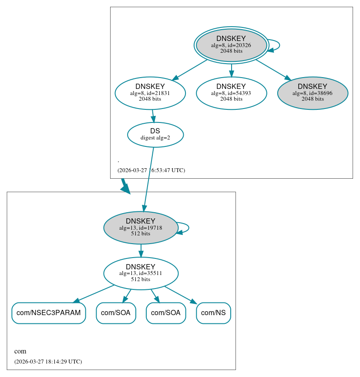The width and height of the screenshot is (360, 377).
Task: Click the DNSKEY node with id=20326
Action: tap(231, 45)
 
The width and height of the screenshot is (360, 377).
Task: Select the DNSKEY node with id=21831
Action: tap(150, 93)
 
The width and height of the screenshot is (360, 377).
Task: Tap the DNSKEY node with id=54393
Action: tap(231, 93)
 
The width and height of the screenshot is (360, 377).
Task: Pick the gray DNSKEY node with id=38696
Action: tap(313, 93)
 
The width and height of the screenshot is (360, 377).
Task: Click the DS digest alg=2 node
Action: tap(155, 135)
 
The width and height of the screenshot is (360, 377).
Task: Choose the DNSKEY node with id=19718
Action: tap(141, 228)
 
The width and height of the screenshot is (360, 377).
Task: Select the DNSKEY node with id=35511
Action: tap(141, 273)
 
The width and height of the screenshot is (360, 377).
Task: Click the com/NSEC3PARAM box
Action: tap(48, 313)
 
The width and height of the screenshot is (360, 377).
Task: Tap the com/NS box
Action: tap(213, 313)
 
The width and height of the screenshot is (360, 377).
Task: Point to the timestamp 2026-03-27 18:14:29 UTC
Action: tap(48, 362)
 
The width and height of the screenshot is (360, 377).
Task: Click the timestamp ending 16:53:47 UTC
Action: tap(151, 170)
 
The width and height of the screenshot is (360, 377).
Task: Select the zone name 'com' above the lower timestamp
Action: tap(20, 351)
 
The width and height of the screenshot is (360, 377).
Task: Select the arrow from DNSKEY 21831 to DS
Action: tap(152, 116)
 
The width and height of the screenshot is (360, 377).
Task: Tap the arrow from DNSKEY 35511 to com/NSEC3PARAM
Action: tap(95, 293)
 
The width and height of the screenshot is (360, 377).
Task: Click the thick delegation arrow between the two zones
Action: tap(125, 186)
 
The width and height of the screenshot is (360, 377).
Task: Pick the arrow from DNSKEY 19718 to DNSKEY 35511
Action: tap(141, 250)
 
